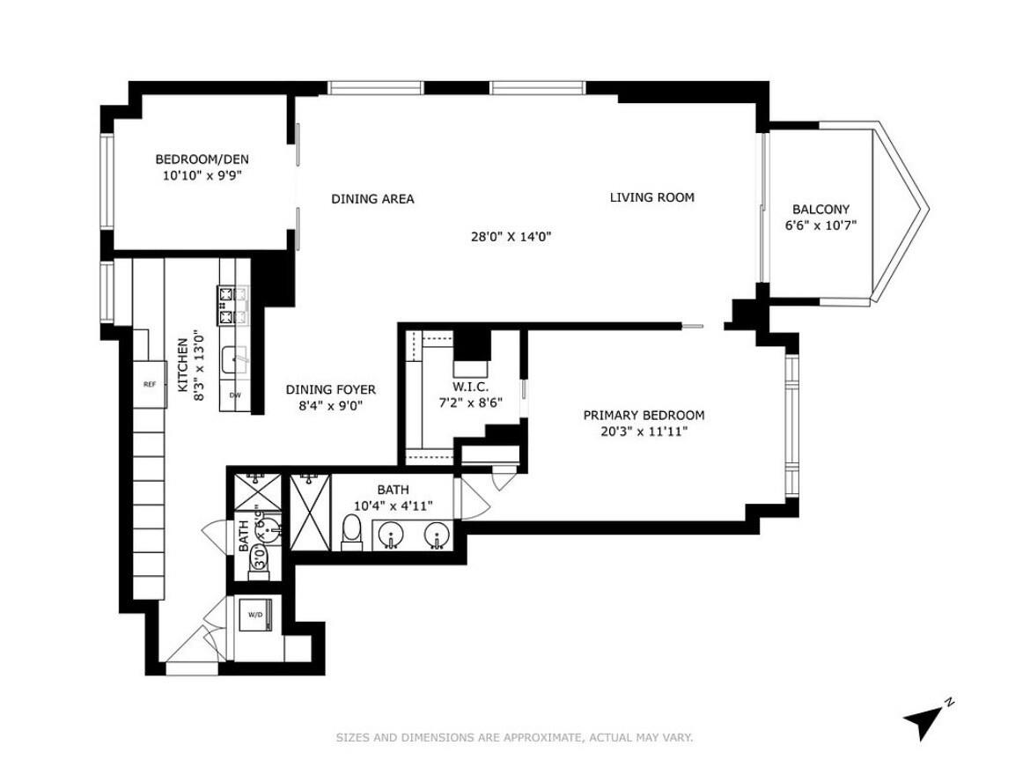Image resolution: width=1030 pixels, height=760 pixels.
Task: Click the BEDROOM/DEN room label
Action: click(202, 159)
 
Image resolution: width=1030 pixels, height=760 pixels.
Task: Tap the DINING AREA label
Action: click(372, 199)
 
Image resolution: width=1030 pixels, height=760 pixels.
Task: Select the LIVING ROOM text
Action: click(651, 197)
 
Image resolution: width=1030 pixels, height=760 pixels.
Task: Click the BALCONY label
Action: click(820, 210)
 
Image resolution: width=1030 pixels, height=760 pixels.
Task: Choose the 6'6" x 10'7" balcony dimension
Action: click(820, 225)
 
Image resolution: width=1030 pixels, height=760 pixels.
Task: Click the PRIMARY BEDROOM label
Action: click(644, 416)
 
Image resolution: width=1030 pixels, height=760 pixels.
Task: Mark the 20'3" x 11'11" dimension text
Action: click(644, 432)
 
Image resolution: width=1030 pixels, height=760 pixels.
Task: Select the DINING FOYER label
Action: click(330, 389)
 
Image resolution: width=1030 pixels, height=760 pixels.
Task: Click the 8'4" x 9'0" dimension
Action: click(330, 406)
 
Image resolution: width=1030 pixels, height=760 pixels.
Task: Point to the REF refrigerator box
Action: click(150, 385)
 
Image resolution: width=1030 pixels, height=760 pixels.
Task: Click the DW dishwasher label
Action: click(235, 395)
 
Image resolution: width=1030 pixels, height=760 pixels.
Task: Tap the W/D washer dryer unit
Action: click(256, 615)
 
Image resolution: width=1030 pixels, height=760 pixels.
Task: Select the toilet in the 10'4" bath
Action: click(352, 531)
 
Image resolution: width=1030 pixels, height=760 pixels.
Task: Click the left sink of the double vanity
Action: click(391, 535)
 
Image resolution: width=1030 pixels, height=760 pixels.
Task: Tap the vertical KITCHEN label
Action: click(184, 365)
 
